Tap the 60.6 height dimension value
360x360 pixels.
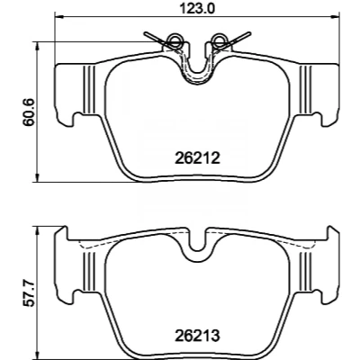30,112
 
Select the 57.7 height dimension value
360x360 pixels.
30,293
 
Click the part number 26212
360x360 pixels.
197,158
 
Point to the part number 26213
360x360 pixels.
197,336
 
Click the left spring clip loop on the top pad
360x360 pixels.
174,40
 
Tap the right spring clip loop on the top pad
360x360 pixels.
218,40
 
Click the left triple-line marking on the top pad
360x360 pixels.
89,90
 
